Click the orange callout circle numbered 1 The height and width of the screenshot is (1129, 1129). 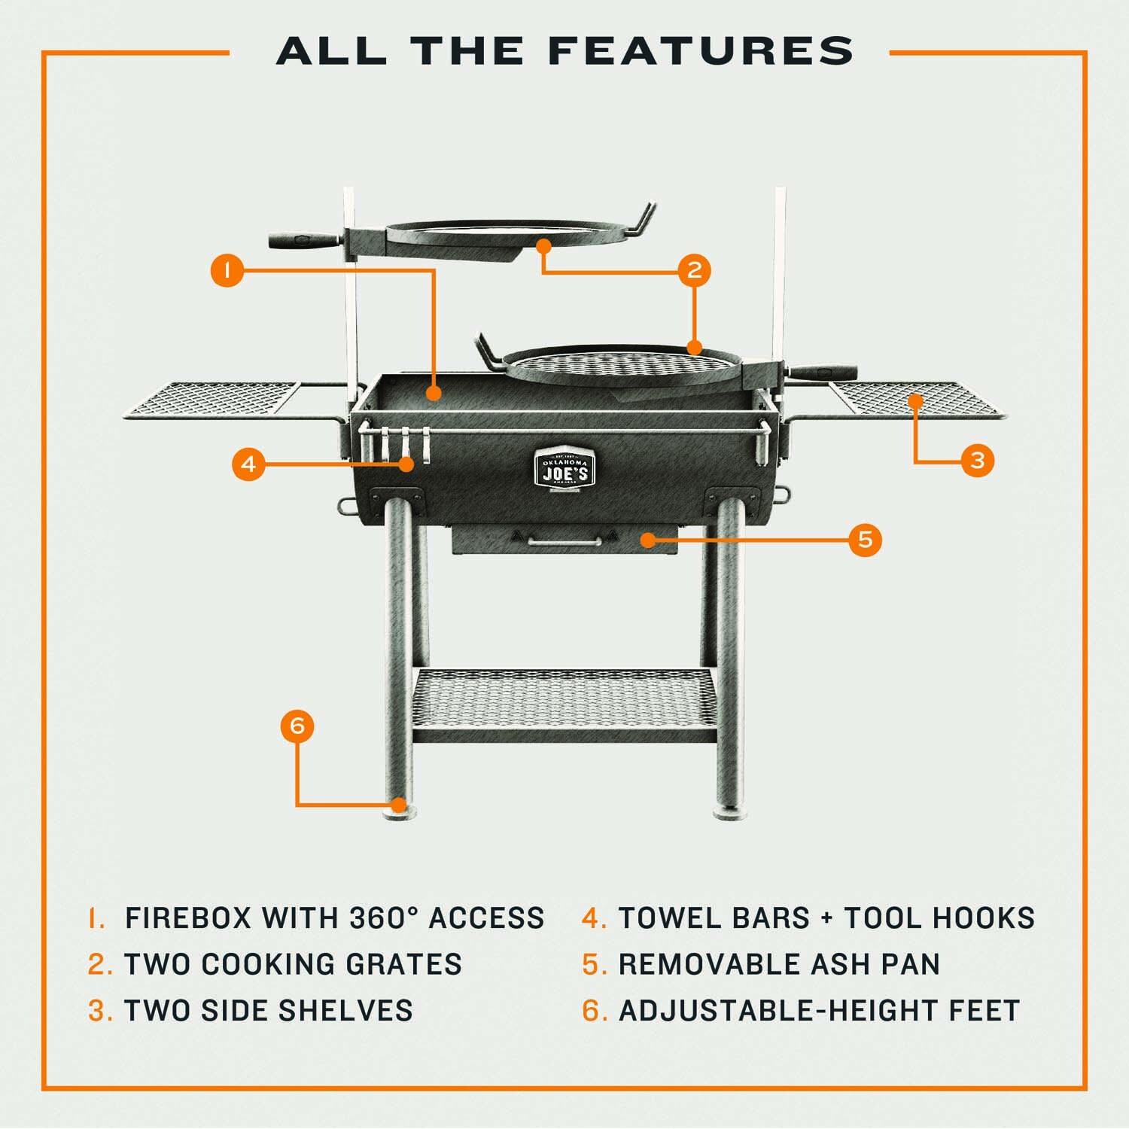[227, 269]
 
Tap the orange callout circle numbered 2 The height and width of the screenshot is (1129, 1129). [694, 269]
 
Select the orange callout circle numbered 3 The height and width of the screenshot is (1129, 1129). [977, 459]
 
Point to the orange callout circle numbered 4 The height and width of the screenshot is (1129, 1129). [248, 464]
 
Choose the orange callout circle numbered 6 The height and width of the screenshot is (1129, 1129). [297, 726]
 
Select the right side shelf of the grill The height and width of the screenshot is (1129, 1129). [914, 399]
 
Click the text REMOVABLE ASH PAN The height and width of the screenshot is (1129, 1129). [779, 964]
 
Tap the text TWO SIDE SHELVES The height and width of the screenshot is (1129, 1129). [268, 1010]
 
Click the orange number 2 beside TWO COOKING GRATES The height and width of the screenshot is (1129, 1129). [99, 964]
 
